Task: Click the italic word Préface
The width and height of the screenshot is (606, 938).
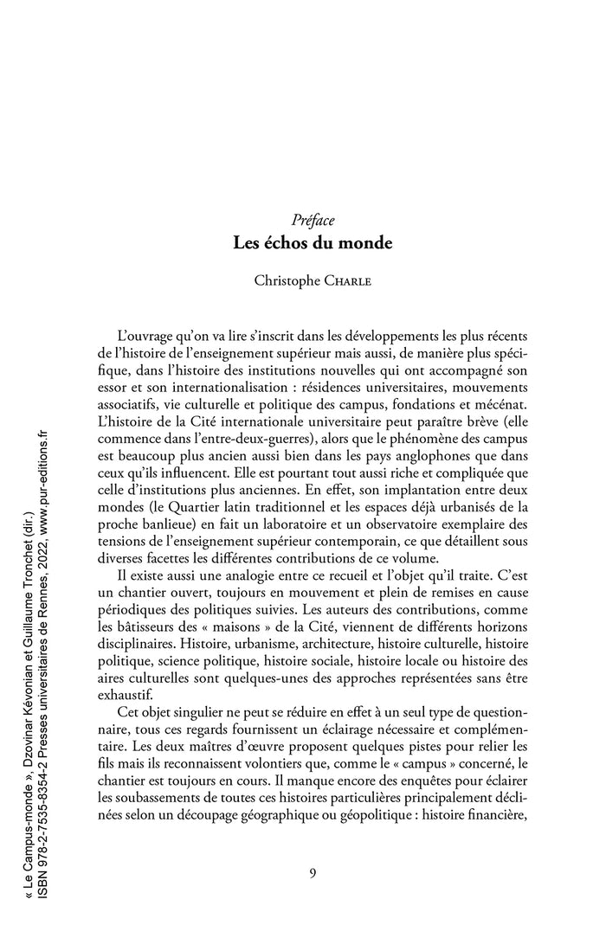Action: pyautogui.click(x=313, y=221)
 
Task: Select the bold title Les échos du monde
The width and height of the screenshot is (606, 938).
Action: pyautogui.click(x=313, y=243)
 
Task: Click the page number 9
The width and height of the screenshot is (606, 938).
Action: pyautogui.click(x=313, y=871)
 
